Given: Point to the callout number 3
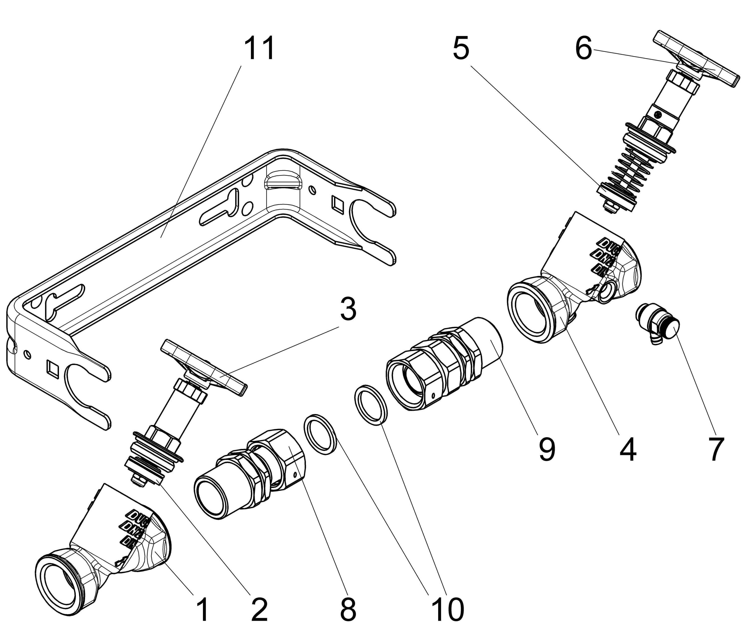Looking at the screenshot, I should (x=348, y=309).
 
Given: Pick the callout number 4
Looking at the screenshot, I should (x=628, y=449).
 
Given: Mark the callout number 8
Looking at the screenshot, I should (x=348, y=608).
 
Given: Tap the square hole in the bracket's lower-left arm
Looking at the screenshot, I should (x=52, y=368).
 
